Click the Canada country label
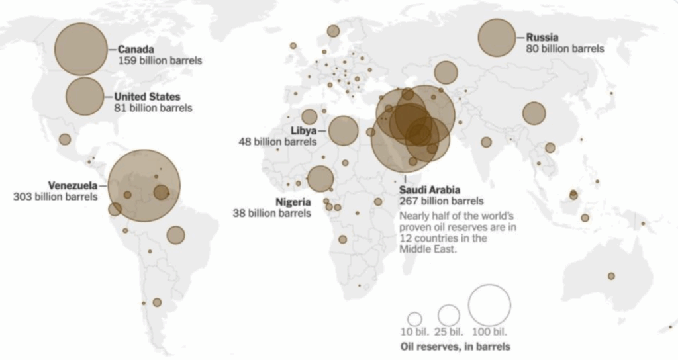coord(136,49)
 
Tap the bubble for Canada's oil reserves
coord(80,49)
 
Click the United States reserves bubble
coord(85,97)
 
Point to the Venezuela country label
coord(72,185)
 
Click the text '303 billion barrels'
coord(55,197)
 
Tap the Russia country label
coord(542,38)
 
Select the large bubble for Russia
coord(497,38)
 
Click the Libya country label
coord(303,130)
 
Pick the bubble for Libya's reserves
coord(343,130)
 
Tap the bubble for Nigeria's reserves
coord(320,179)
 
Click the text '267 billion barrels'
coord(441,201)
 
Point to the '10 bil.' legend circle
coord(414,318)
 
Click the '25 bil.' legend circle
coord(449,315)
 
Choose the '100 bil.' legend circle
coord(489,305)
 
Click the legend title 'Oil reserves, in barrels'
coord(456,347)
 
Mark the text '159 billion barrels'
coord(160,60)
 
